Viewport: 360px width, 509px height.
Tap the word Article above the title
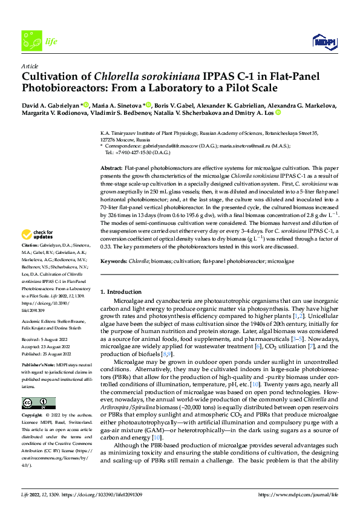pos(30,65)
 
